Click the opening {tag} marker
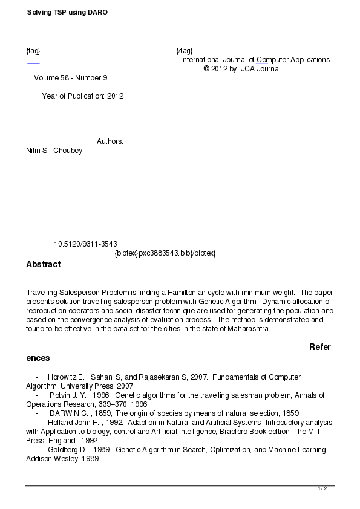point(33,50)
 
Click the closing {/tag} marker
point(185,50)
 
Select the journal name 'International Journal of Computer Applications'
point(255,60)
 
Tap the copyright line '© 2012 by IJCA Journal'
point(242,69)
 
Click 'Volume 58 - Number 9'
point(71,78)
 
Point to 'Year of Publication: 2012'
point(83,96)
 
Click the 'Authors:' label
point(110,141)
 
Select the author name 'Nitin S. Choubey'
point(54,151)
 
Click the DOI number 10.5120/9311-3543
point(85,244)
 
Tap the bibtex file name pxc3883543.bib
point(165,253)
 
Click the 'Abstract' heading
point(44,264)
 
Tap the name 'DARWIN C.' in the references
point(70,413)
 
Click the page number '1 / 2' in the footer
point(322,488)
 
